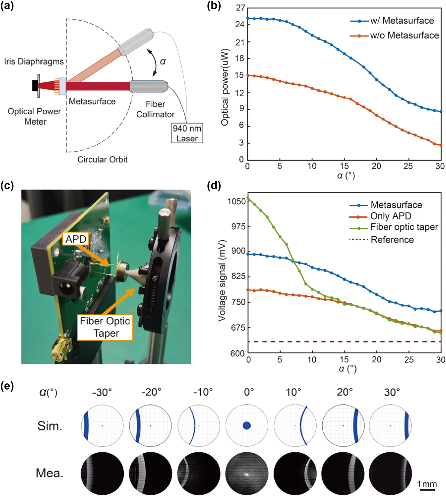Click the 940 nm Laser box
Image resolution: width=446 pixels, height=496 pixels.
[187, 133]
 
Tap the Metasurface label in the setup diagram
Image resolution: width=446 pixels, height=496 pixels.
[92, 102]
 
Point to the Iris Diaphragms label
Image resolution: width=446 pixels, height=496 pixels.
[34, 61]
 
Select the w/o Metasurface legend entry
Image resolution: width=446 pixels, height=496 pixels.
[394, 35]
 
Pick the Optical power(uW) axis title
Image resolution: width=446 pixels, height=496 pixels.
[225, 87]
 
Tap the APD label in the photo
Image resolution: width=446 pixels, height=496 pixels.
[76, 239]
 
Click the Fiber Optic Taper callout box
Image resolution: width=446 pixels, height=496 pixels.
[105, 327]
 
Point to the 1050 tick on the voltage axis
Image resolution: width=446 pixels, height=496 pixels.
[237, 201]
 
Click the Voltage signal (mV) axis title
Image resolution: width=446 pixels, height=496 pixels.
[222, 280]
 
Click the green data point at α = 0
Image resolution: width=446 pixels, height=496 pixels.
[248, 198]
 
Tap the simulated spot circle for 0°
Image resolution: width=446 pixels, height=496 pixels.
[246, 426]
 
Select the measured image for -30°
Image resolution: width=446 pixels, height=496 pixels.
[102, 474]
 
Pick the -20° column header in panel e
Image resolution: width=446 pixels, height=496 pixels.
[151, 392]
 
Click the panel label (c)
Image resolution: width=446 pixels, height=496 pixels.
[7, 186]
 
